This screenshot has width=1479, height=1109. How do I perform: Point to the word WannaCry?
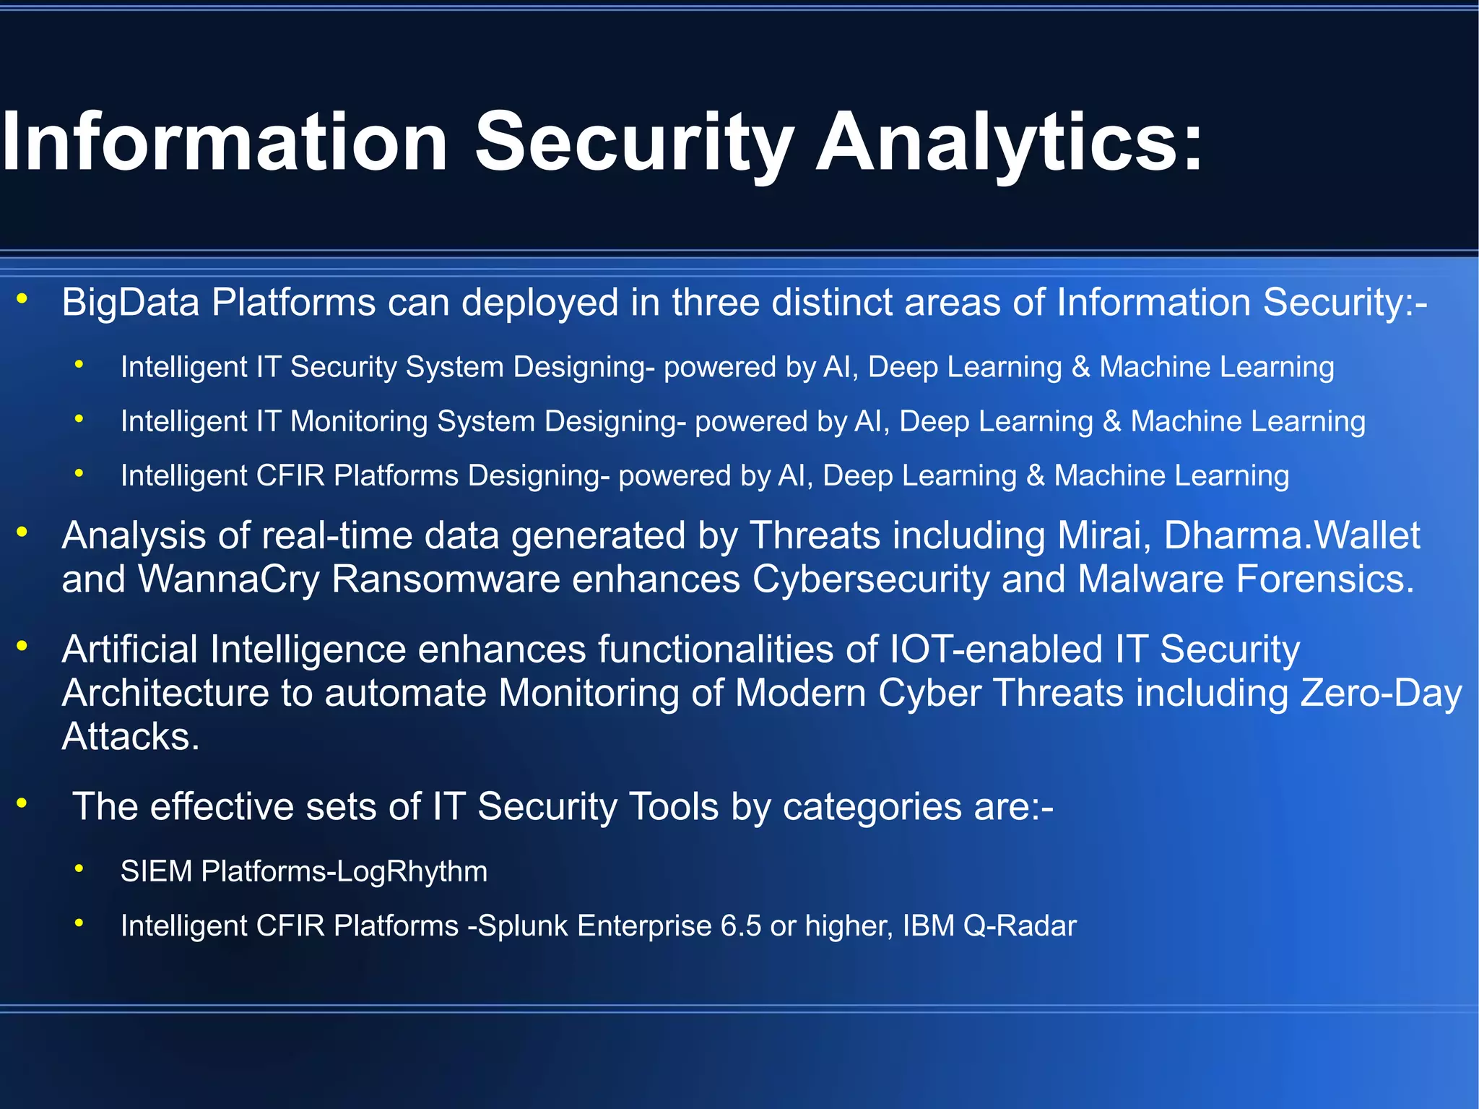coord(228,579)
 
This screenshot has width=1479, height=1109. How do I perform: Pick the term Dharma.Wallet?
coord(1292,536)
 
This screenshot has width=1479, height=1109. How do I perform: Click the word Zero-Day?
coord(1381,693)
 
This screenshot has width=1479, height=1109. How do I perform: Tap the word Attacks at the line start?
coord(130,737)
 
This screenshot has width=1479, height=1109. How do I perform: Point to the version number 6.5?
coord(741,925)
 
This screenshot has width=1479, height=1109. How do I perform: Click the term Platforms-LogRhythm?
coord(344,871)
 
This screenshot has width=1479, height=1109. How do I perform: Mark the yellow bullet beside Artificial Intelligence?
coord(22,645)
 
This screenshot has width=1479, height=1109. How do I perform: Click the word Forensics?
coord(1325,579)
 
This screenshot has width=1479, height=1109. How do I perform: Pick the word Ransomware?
coord(446,579)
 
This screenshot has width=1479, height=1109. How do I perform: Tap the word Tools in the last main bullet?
coord(674,806)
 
